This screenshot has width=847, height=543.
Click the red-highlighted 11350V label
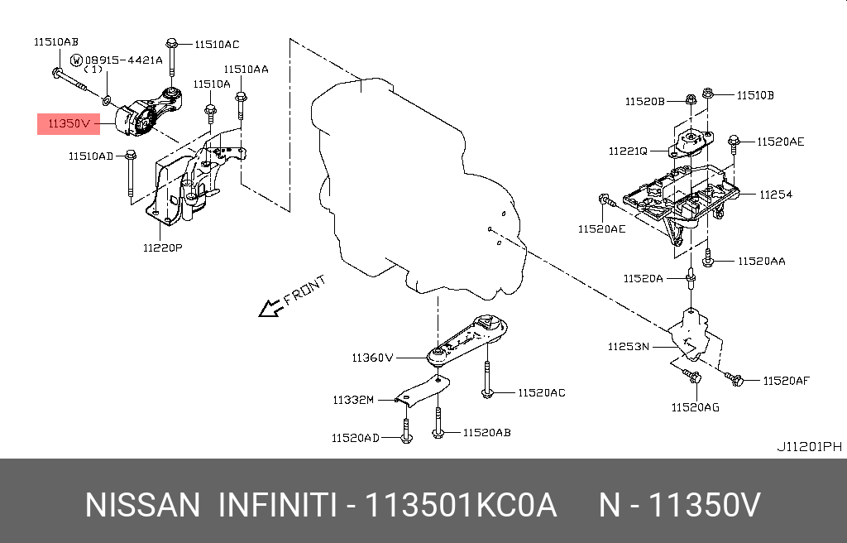[68, 124]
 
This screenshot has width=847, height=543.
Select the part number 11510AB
[56, 41]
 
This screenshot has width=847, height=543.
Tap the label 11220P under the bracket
[162, 247]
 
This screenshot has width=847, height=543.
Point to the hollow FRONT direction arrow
[270, 309]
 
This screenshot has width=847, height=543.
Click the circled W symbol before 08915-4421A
[76, 60]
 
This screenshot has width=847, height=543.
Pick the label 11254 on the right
[776, 195]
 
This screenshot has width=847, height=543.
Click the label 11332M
[354, 400]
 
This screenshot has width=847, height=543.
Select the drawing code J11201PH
[809, 447]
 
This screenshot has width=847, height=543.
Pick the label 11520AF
[786, 381]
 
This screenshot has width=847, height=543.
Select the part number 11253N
[629, 346]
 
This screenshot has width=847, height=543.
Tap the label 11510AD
[91, 155]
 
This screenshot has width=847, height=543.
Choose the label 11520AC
[542, 392]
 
